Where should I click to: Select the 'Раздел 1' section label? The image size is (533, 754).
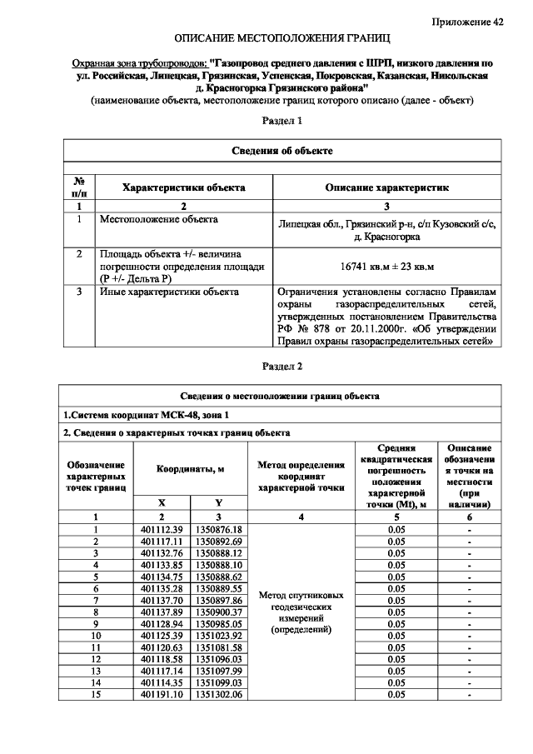coord(281,121)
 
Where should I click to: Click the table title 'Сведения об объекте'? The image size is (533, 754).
coord(281,151)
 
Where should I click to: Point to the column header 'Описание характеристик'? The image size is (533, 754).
coord(386,187)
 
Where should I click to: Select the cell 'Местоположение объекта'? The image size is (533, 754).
coord(158,220)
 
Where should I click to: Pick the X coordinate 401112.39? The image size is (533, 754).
coord(161,530)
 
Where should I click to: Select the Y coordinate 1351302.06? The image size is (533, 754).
coord(217,694)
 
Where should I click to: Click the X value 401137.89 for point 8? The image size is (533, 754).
coord(161,612)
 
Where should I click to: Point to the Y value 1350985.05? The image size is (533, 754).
coord(217,623)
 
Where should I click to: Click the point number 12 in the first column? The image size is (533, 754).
coord(97,659)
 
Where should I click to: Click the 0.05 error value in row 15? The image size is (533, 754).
coord(396,694)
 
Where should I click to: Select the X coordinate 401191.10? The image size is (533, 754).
coord(161,694)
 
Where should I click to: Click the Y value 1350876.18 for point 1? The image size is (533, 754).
coord(217,530)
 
